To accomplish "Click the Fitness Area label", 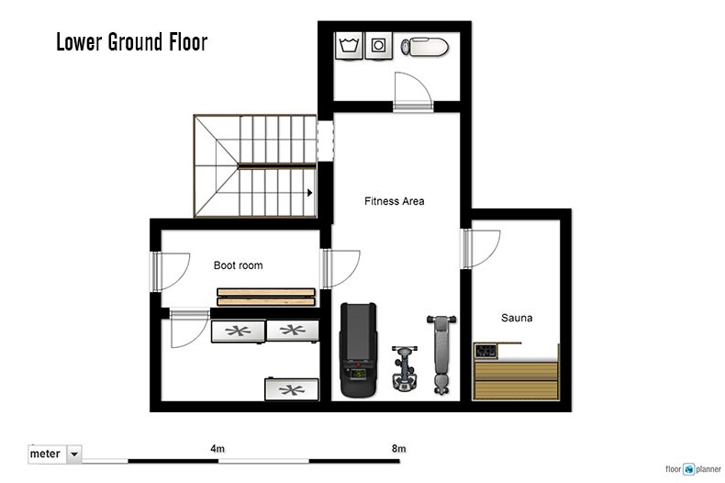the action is coord(394,201).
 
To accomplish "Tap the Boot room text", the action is coord(238,265).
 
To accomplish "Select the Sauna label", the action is coord(517,318).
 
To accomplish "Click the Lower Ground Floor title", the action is coord(132,41).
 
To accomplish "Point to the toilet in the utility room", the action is coord(425,47).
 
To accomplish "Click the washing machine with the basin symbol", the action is coord(349,45).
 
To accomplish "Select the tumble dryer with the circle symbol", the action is coord(379,45).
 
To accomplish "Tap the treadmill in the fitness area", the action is coord(358,350).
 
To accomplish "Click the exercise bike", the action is coord(405,368).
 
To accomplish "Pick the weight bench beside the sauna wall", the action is coord(441,354).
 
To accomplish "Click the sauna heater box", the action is coord(486,351).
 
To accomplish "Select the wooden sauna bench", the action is coord(516,380).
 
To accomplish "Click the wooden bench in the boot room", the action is coord(266,297).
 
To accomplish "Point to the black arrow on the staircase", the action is coord(310,193).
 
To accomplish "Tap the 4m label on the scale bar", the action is coord(217,449).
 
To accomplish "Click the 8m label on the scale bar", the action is coord(398,449).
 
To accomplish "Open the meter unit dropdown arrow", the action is coord(74,455).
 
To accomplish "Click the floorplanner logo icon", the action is coord(689,469).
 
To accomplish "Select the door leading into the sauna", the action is coord(480,249).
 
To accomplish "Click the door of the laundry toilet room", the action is coord(413,92).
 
